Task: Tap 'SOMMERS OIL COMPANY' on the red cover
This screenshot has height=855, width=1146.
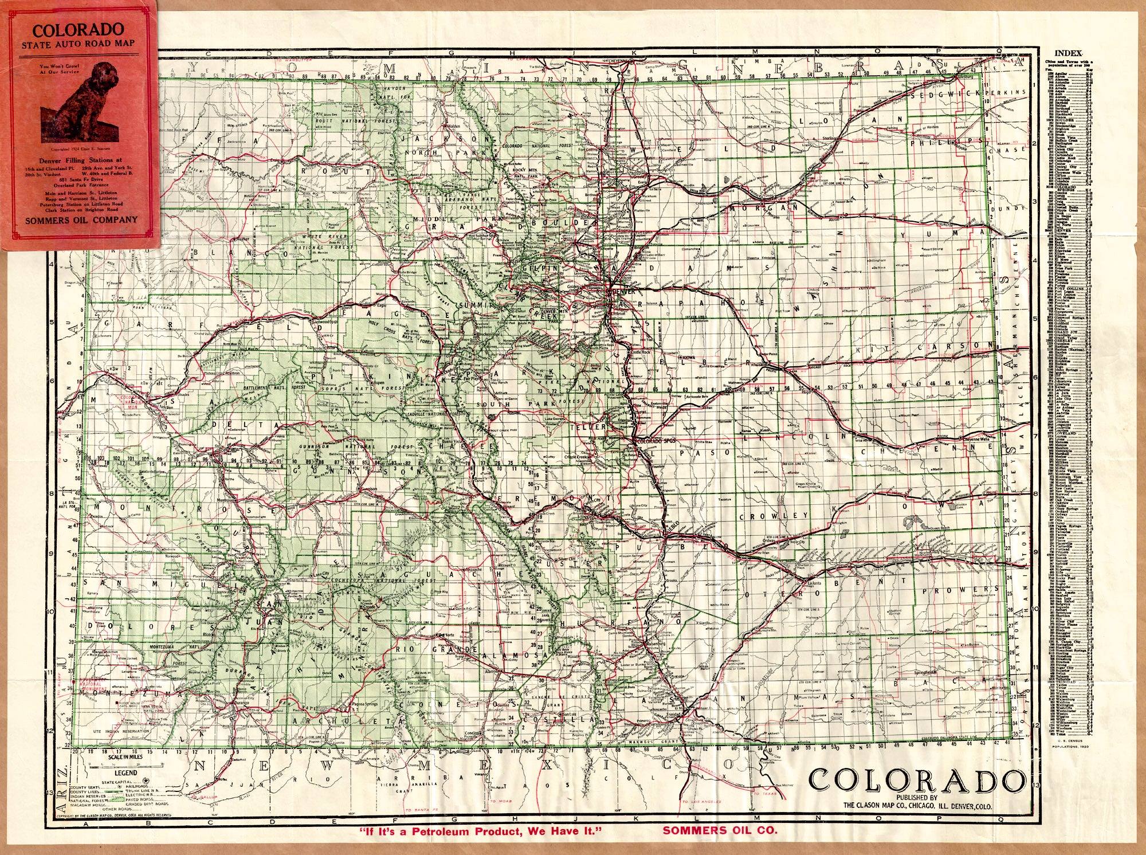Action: coord(81,220)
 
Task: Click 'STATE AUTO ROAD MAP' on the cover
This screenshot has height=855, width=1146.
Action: coord(79,44)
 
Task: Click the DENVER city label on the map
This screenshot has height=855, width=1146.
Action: coord(624,291)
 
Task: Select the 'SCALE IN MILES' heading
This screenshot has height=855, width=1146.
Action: coord(125,757)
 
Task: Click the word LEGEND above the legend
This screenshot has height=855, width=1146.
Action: coord(125,772)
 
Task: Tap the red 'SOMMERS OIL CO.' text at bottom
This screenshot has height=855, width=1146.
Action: coord(720,830)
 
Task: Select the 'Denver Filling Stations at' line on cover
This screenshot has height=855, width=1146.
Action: coord(81,160)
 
